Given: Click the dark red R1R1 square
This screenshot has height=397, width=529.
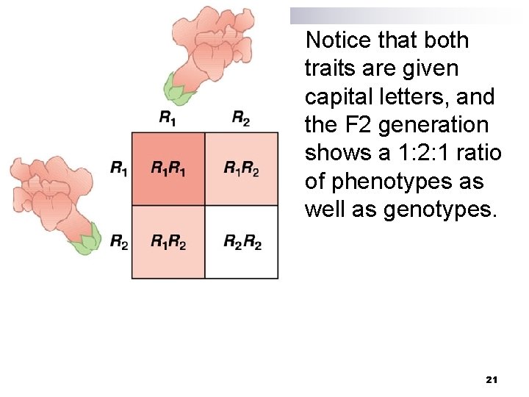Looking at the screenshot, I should [x=168, y=169].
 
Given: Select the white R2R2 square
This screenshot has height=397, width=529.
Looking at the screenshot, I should [x=242, y=242].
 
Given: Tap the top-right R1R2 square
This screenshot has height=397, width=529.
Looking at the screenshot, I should [x=242, y=169].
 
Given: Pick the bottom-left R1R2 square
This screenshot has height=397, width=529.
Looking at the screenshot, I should [x=168, y=242].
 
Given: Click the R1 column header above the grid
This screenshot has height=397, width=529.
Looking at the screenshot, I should [x=168, y=117].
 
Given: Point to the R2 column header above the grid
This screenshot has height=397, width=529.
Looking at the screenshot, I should [x=241, y=117].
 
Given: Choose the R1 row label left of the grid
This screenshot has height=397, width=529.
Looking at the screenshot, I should [x=118, y=168].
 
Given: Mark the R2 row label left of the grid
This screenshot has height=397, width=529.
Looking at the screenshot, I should [x=118, y=241].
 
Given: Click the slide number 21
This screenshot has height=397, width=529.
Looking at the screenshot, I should [x=492, y=379].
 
